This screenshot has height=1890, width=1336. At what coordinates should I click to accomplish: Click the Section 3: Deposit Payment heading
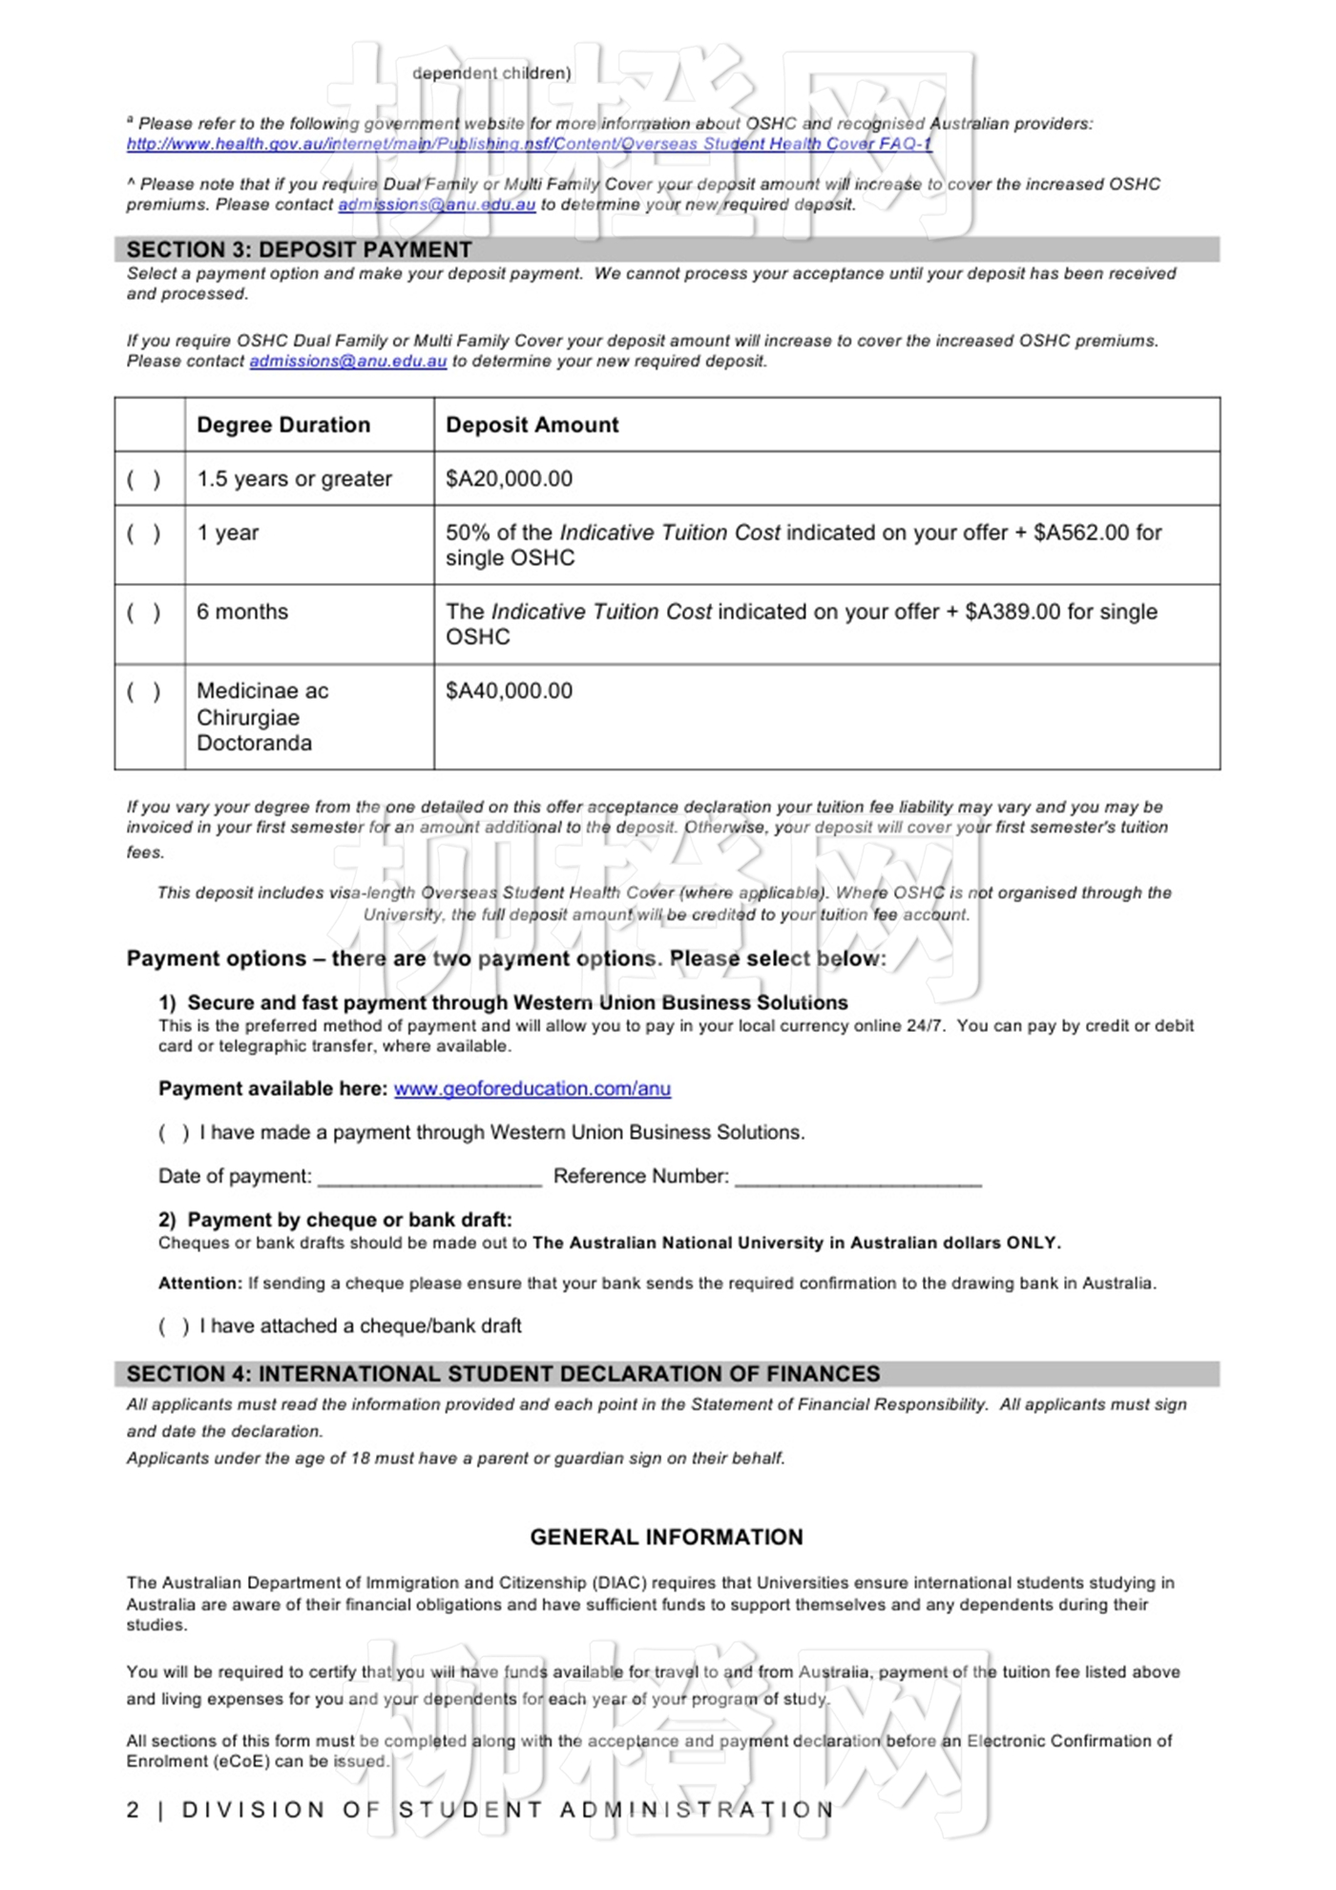299,250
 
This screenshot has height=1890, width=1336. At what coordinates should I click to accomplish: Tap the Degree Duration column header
283,425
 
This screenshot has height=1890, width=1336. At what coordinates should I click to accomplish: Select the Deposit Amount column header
532,425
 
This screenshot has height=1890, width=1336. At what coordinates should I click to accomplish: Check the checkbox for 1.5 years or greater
144,479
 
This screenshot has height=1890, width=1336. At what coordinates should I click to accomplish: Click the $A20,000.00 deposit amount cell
509,479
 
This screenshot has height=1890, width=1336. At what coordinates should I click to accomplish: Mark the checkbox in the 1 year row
144,534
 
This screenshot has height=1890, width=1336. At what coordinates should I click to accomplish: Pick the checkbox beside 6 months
144,613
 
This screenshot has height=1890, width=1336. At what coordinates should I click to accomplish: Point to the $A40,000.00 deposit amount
509,691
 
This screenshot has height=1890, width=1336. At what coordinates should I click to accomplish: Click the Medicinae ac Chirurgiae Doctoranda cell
262,717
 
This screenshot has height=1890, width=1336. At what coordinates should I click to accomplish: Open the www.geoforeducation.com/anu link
532,1089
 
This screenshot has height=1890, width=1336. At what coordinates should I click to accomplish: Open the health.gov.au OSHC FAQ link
529,144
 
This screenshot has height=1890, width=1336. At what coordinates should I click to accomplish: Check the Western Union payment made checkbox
174,1133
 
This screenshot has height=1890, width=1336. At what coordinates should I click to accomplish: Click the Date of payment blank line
429,1178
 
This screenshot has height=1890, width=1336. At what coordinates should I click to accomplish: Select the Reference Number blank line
858,1178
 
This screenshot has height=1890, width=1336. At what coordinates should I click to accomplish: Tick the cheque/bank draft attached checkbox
174,1327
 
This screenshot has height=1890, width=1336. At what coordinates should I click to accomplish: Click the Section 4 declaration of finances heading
503,1375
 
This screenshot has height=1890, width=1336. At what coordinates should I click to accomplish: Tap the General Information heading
666,1538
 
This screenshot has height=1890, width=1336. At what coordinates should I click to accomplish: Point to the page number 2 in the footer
133,1811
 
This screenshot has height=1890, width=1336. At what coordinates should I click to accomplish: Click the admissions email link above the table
347,362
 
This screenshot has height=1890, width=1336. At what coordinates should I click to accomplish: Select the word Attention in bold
200,1284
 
